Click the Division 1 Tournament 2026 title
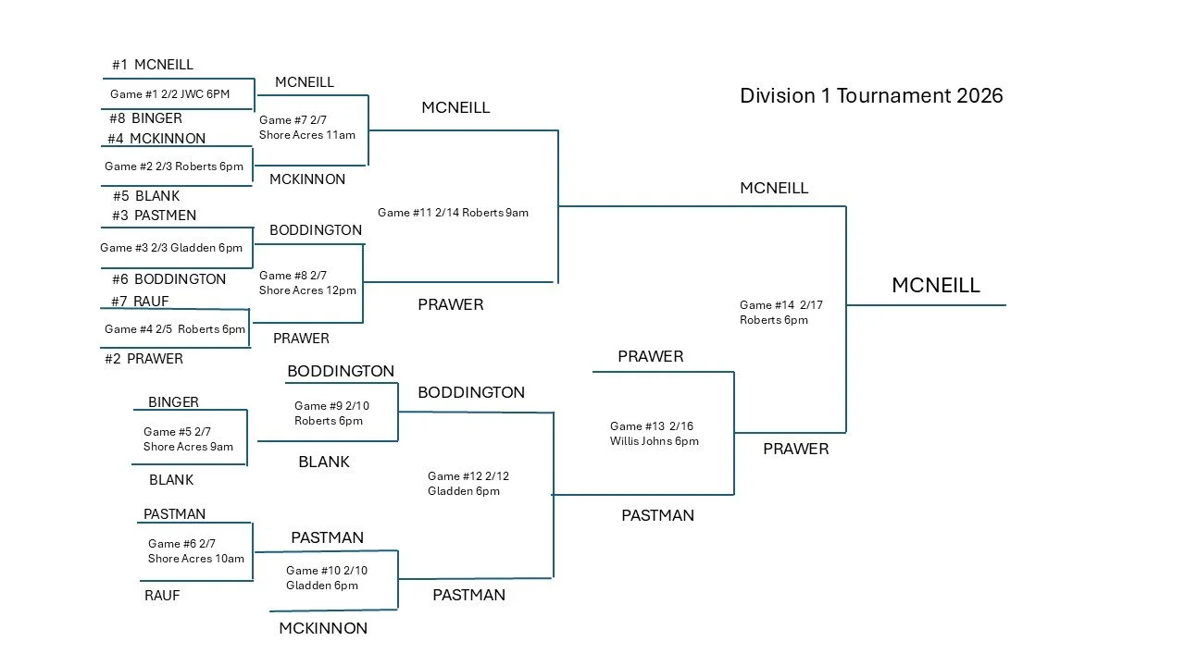(x=871, y=95)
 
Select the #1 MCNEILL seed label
(x=153, y=65)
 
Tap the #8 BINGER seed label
(x=144, y=118)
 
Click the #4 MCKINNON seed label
(x=156, y=139)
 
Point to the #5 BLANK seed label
(x=146, y=196)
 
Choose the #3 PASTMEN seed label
(x=153, y=216)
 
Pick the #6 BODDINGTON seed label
(x=168, y=279)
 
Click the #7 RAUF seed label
(x=140, y=302)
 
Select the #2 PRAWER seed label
(x=143, y=359)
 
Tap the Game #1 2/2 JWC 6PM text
(x=169, y=94)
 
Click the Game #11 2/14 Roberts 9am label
(x=453, y=213)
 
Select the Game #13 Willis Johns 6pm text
(x=654, y=434)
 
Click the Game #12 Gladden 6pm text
(x=468, y=484)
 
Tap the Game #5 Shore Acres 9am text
(x=188, y=439)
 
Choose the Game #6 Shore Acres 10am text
(x=195, y=551)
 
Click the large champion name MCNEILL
(x=935, y=286)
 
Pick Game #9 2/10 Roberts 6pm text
(x=331, y=413)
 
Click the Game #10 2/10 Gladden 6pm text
(x=326, y=578)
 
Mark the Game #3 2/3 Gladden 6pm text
(x=171, y=248)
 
